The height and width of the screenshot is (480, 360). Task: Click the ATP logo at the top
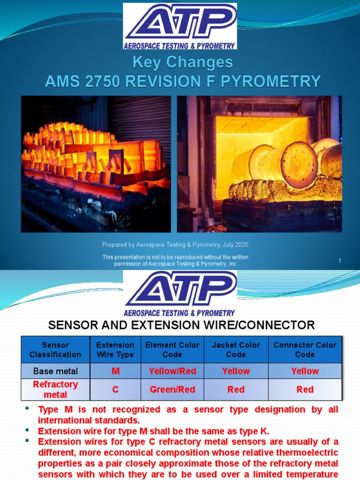180,26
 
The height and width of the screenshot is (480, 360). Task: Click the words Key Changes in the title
182,62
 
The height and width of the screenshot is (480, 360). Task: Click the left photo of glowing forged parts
96,164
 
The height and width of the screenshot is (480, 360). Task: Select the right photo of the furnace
259,164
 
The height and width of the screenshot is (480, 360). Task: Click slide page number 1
340,261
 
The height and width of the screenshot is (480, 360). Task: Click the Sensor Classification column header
55,350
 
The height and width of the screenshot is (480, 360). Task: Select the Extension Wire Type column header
115,350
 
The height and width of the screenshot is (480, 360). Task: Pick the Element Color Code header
172,350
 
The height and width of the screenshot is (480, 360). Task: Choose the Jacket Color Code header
236,350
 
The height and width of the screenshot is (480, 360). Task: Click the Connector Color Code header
305,350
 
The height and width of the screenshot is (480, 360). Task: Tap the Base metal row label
55,371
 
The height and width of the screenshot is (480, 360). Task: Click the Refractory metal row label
55,390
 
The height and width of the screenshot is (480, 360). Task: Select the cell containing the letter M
115,371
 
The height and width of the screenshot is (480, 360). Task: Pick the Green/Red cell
172,390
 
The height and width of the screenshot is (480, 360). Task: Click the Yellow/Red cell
172,371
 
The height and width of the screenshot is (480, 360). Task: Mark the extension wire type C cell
115,390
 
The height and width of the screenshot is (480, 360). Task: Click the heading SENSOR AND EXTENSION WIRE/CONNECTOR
182,325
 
